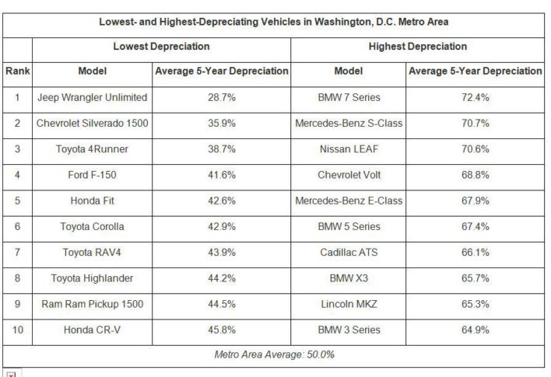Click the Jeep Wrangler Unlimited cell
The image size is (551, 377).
(x=93, y=98)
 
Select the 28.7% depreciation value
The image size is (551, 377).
(x=222, y=98)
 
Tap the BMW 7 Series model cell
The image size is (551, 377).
(x=349, y=98)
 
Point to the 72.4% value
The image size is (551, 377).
(x=475, y=98)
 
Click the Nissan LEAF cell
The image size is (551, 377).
(x=349, y=149)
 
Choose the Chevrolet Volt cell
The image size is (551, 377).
(x=349, y=175)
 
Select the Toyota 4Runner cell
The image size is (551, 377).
(x=93, y=149)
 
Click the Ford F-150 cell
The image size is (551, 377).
(x=93, y=175)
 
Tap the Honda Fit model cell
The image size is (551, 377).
(x=93, y=201)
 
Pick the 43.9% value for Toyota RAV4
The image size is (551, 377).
(x=222, y=252)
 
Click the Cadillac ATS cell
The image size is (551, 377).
(x=349, y=252)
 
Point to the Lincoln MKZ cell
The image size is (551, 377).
(x=349, y=304)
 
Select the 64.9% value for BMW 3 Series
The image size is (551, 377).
(x=475, y=330)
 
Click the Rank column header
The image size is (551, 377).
(x=17, y=72)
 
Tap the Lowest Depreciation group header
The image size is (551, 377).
(x=161, y=47)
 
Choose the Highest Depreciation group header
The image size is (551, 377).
(x=417, y=47)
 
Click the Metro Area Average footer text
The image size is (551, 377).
(x=275, y=354)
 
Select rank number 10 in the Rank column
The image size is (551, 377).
(x=17, y=330)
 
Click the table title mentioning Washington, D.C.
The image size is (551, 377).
(x=275, y=21)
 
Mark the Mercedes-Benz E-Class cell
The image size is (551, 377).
(x=349, y=201)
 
